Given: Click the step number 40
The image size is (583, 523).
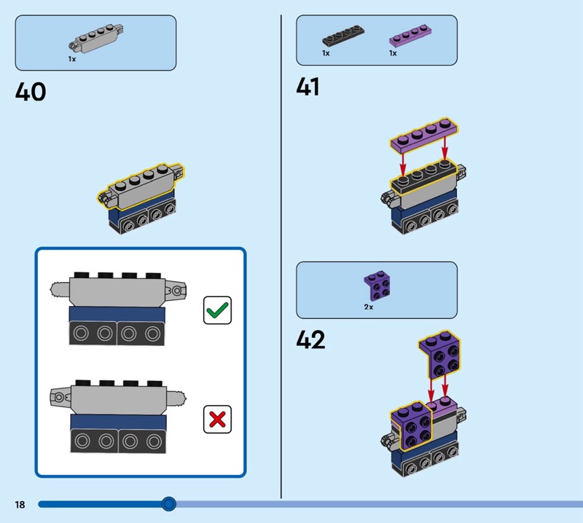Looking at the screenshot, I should (x=31, y=93).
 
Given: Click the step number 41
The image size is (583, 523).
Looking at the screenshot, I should (x=308, y=87).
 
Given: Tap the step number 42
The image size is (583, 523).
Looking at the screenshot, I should (x=310, y=340).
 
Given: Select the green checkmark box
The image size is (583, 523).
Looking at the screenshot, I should (x=217, y=310).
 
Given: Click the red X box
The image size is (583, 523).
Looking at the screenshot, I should (x=217, y=419).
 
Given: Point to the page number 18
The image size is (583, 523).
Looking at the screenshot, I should (x=19, y=504).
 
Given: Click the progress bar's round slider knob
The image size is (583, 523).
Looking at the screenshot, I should (x=169, y=503).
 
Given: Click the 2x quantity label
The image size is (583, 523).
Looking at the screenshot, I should (x=369, y=307).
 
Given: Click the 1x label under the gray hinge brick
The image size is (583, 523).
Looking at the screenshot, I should (x=72, y=59).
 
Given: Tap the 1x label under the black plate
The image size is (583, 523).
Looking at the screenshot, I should (x=326, y=53).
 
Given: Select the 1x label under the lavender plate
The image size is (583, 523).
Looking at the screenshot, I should (x=393, y=53).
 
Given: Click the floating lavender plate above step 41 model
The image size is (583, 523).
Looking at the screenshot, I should (x=424, y=139).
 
